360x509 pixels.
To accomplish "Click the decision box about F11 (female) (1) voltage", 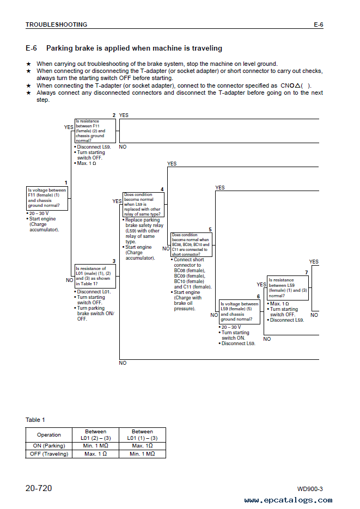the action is click(47, 198).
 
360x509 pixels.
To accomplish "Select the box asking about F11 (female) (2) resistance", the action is click(95, 131).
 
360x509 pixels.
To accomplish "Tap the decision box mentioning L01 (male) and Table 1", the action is click(95, 276).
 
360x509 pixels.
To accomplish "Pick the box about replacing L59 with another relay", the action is click(143, 205).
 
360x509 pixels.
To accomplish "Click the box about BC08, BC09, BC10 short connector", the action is click(192, 245).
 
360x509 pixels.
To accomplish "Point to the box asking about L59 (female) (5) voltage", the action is click(240, 312).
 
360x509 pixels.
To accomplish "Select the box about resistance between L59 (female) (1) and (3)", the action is click(288, 288).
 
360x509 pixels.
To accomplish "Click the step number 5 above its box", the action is click(210, 230).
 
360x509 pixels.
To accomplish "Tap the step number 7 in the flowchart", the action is click(307, 273).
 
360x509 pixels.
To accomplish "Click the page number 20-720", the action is click(39, 488).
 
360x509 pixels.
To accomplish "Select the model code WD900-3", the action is click(310, 489).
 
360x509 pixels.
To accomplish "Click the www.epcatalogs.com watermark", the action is click(288, 500).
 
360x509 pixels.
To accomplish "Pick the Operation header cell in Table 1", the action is click(48, 434).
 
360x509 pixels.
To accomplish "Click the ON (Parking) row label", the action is click(48, 446).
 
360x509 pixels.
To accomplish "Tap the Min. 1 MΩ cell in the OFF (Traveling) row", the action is click(142, 454).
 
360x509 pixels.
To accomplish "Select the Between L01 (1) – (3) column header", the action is click(142, 434).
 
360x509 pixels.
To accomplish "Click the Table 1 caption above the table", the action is click(35, 420).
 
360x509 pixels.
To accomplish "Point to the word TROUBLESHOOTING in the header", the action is click(57, 24).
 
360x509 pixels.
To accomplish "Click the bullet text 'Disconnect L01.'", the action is click(94, 292).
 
